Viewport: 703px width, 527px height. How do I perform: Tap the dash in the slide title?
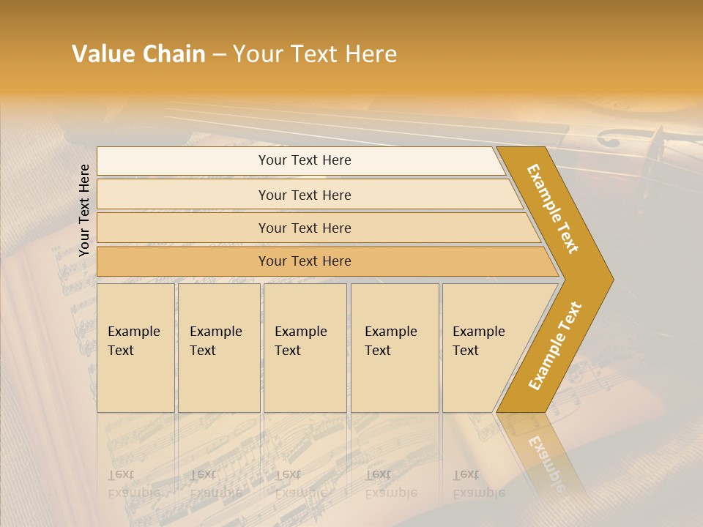(219, 55)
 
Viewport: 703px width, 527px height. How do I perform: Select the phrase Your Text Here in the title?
(315, 54)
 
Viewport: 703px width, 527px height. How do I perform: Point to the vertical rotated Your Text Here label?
(84, 210)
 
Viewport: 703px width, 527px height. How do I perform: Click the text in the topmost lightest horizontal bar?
(305, 160)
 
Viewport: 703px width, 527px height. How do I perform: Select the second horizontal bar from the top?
(305, 195)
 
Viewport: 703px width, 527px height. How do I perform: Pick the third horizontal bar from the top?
(305, 228)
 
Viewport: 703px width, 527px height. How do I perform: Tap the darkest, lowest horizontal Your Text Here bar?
(305, 261)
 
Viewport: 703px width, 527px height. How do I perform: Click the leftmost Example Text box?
(135, 348)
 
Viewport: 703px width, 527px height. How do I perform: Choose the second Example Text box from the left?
(218, 348)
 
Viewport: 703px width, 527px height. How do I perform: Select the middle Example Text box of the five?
(305, 348)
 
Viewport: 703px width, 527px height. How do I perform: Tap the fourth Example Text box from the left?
(394, 348)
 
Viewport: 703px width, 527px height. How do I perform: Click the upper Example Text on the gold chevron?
(553, 209)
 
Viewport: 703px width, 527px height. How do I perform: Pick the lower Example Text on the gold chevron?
(555, 345)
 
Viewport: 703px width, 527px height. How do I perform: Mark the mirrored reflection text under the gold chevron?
(546, 461)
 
